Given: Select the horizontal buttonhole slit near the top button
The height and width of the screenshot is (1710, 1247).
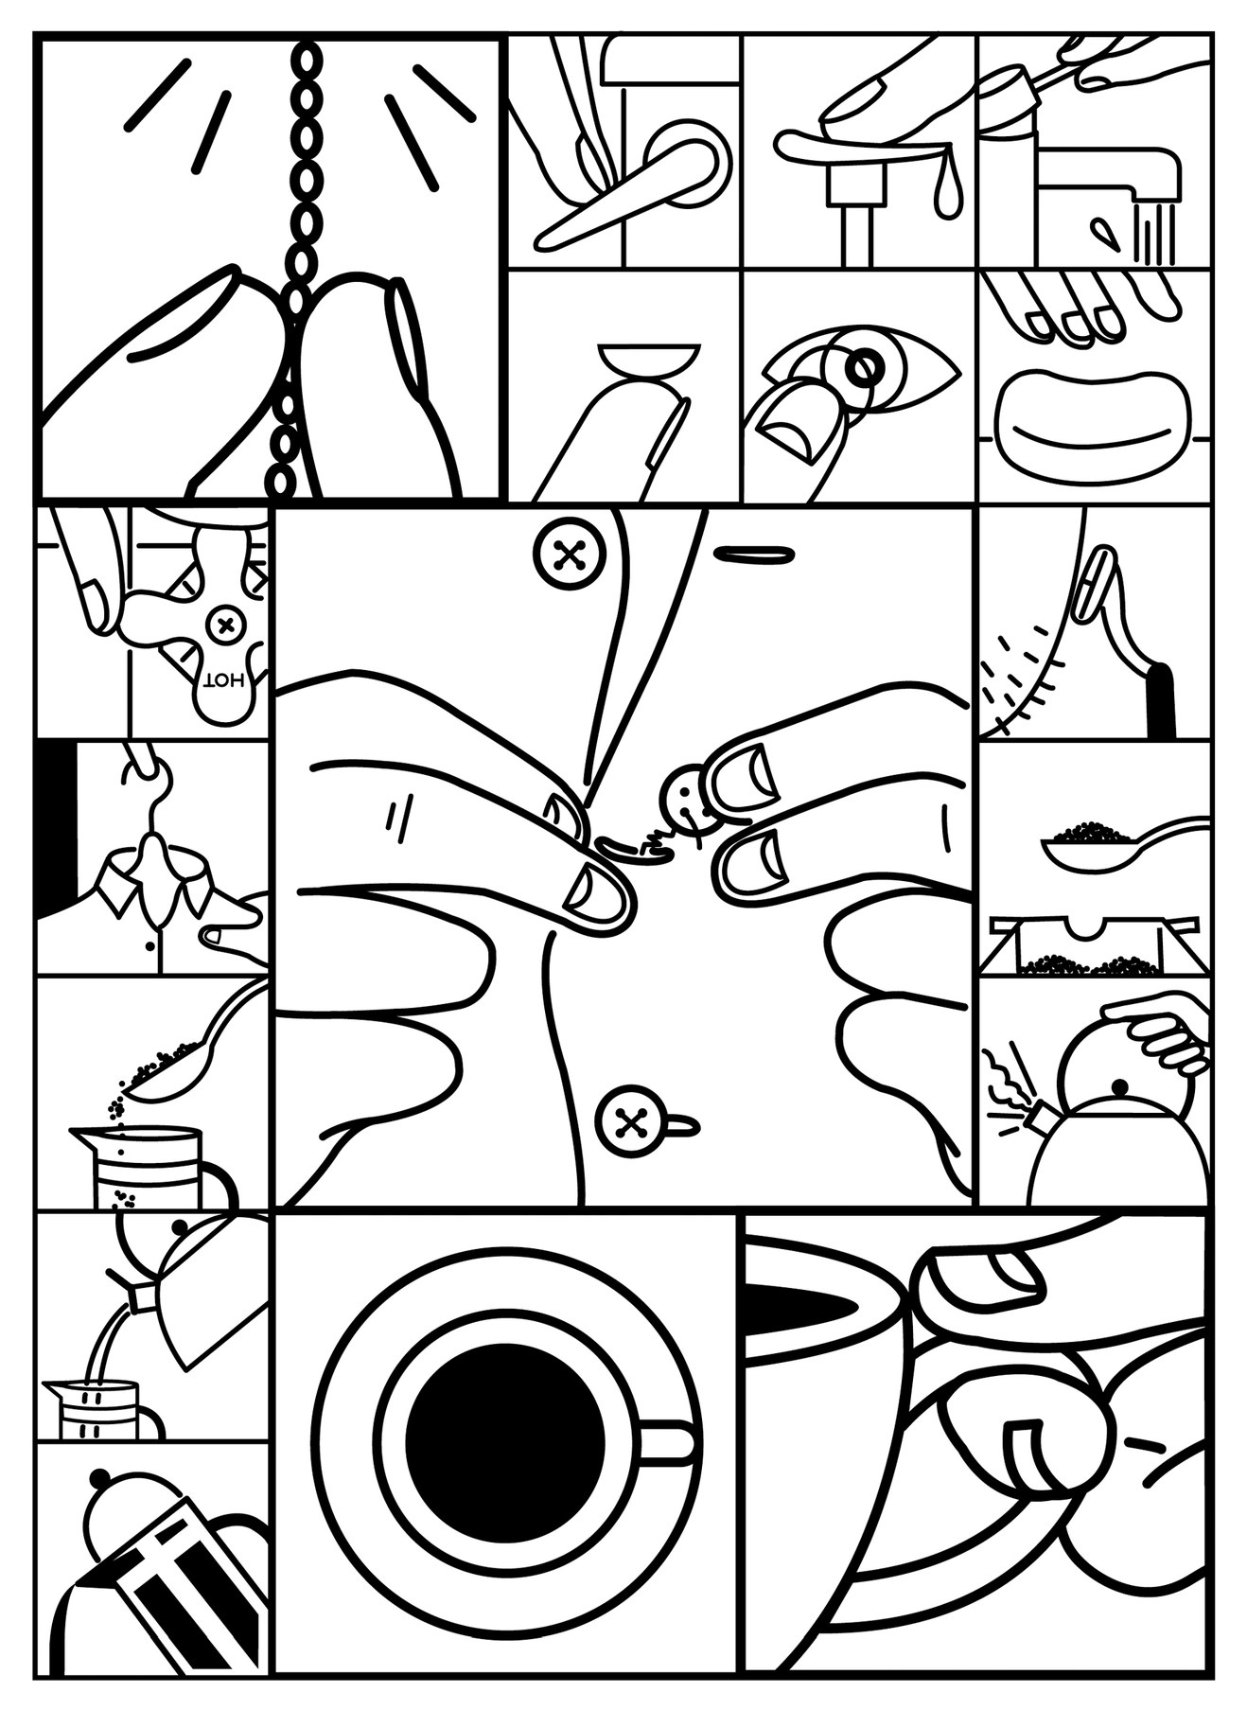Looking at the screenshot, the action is pyautogui.click(x=752, y=554).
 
